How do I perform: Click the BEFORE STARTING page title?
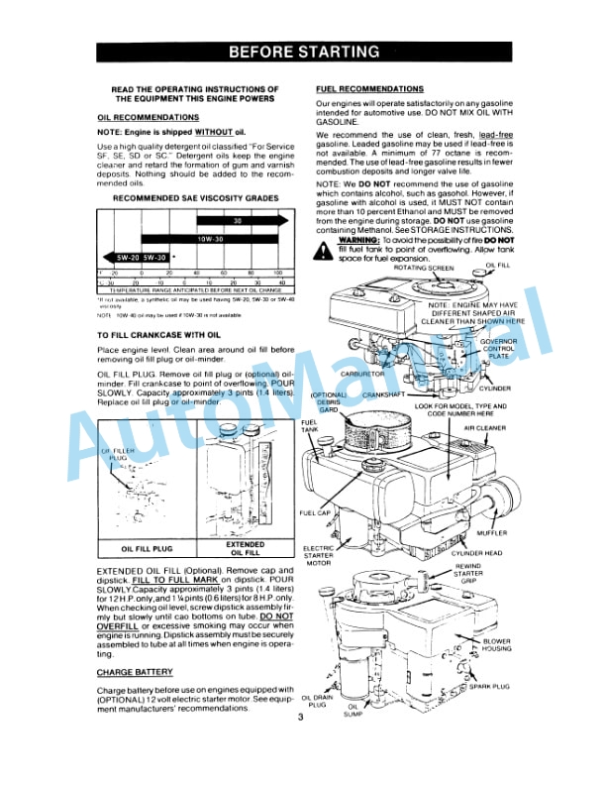pos(302,52)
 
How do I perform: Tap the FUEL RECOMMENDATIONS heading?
pos(368,89)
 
